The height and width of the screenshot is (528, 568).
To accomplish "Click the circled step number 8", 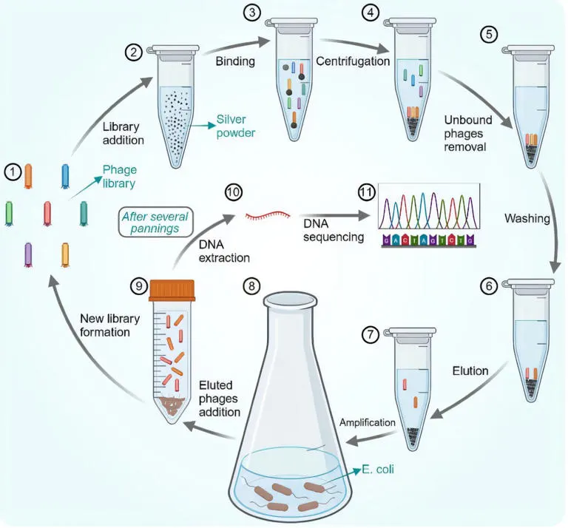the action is pyautogui.click(x=251, y=286).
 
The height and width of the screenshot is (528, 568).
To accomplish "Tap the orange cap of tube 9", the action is pyautogui.click(x=172, y=291).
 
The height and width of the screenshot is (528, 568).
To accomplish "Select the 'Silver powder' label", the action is pyautogui.click(x=236, y=126).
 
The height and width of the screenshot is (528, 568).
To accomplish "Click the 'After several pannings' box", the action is pyautogui.click(x=155, y=223).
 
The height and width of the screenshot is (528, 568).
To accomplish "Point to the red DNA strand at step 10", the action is pyautogui.click(x=268, y=216).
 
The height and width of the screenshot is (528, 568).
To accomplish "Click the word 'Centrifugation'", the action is pyautogui.click(x=353, y=61).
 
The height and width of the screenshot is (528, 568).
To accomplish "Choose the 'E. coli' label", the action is pyautogui.click(x=378, y=470).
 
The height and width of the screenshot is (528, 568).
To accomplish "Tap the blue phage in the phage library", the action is pyautogui.click(x=65, y=176).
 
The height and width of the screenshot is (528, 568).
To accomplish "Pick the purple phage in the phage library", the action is pyautogui.click(x=28, y=255).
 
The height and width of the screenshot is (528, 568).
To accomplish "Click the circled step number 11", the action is pyautogui.click(x=366, y=192).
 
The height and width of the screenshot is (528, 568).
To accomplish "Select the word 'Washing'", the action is pyautogui.click(x=527, y=218).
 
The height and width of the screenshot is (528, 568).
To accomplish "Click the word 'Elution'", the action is pyautogui.click(x=470, y=370).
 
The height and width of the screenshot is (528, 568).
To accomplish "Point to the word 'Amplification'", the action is pyautogui.click(x=368, y=422).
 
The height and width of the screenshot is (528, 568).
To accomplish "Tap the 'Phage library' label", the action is pyautogui.click(x=120, y=176).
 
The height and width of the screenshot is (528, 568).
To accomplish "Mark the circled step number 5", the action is pyautogui.click(x=489, y=35).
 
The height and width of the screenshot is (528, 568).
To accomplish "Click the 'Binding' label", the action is pyautogui.click(x=235, y=61).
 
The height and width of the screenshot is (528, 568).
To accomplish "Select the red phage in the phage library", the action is pyautogui.click(x=47, y=214).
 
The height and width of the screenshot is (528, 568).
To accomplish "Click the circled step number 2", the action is pyautogui.click(x=134, y=53).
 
